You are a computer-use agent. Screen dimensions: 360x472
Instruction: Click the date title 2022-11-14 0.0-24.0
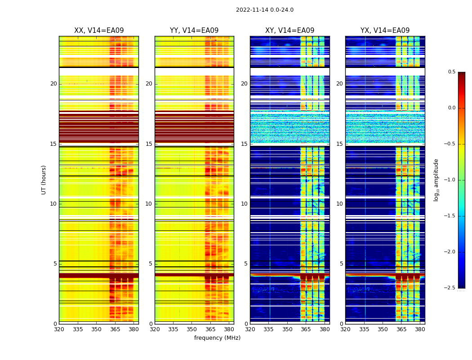264,10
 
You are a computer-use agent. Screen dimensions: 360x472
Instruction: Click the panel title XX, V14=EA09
99,31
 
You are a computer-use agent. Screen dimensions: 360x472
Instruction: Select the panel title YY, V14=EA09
194,31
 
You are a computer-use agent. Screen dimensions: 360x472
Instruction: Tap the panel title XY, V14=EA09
289,31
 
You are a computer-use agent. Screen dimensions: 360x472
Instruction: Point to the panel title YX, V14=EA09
385,31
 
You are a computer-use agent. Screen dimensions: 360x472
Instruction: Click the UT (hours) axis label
44,180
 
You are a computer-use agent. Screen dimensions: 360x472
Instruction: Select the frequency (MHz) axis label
217,338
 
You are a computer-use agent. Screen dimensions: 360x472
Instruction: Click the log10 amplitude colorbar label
436,180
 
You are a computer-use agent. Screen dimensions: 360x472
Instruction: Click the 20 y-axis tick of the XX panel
53,84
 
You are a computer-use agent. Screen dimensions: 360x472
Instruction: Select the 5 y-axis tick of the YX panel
341,264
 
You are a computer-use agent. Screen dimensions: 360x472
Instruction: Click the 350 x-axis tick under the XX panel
96,329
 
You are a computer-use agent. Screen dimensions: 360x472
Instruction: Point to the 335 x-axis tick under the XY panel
268,329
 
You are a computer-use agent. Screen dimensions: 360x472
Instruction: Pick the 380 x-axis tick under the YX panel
420,329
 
